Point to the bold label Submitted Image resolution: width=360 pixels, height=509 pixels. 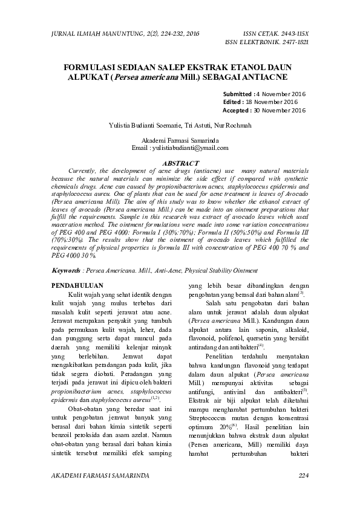pyautogui.click(x=238, y=94)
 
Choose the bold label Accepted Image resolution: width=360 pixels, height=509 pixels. pyautogui.click(x=237, y=111)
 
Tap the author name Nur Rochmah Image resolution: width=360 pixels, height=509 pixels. pyautogui.click(x=234, y=125)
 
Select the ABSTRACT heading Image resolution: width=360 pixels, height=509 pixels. pyautogui.click(x=181, y=163)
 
